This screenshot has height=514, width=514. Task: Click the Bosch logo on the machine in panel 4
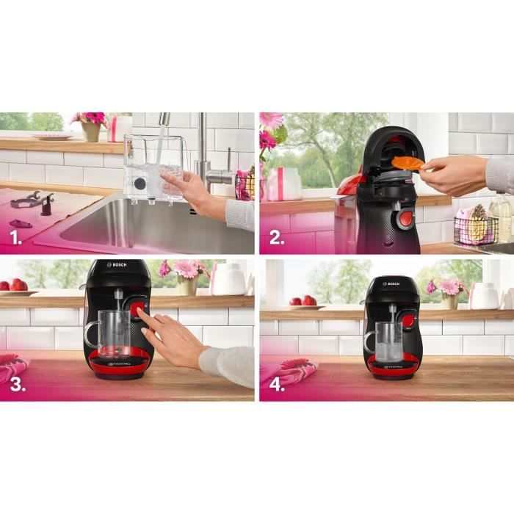tap(393, 283)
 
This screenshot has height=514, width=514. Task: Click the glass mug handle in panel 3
tap(90, 335)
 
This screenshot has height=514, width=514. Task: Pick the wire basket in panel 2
tap(474, 230)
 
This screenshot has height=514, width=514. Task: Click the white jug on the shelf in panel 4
tap(485, 295)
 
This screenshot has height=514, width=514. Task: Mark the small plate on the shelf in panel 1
tap(52, 135)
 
